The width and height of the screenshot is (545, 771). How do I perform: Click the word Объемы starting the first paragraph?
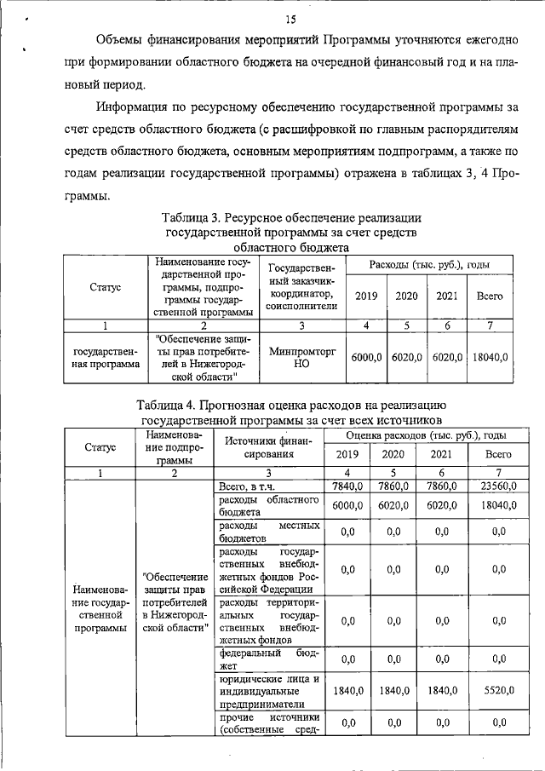tap(123, 40)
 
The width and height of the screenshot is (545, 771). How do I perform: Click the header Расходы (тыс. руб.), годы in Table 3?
tap(428, 265)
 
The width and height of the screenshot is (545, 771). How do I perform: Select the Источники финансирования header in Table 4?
tap(269, 448)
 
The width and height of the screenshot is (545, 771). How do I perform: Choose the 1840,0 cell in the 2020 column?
tap(393, 694)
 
